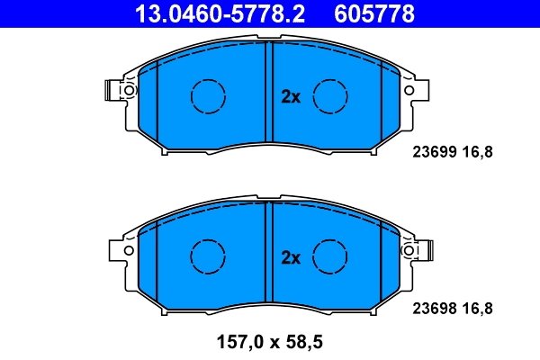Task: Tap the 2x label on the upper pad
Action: coord(290,97)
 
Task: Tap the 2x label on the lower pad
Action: coord(290,258)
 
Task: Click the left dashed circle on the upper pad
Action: coord(207,94)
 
